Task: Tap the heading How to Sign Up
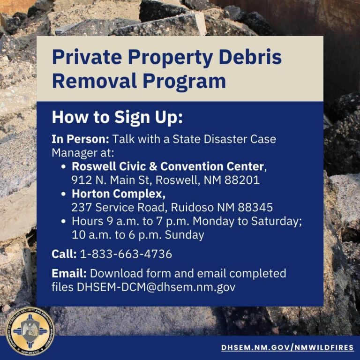pos(117,118)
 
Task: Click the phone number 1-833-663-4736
pos(126,254)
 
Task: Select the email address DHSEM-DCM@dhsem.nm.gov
pos(156,287)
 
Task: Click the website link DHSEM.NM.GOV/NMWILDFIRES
pos(287,347)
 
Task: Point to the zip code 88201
pos(242,180)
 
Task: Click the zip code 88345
pos(255,207)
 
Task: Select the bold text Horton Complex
pos(119,194)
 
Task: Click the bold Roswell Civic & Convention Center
pos(168,166)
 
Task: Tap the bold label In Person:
pos(80,139)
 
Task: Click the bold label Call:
pos(64,254)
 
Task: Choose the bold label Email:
pos(69,273)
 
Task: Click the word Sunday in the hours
pos(184,235)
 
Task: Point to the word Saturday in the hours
pos(277,221)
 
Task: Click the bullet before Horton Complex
pos(64,194)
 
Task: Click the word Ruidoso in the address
pos(192,207)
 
